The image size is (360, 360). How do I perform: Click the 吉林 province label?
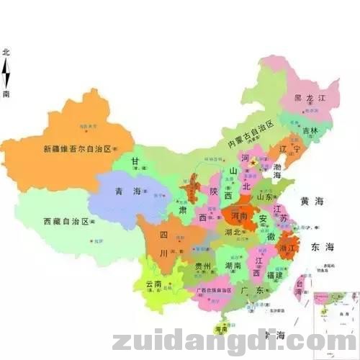point(310,131)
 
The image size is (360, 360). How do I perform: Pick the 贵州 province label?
point(204,267)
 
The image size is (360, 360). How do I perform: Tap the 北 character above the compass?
point(6,52)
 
